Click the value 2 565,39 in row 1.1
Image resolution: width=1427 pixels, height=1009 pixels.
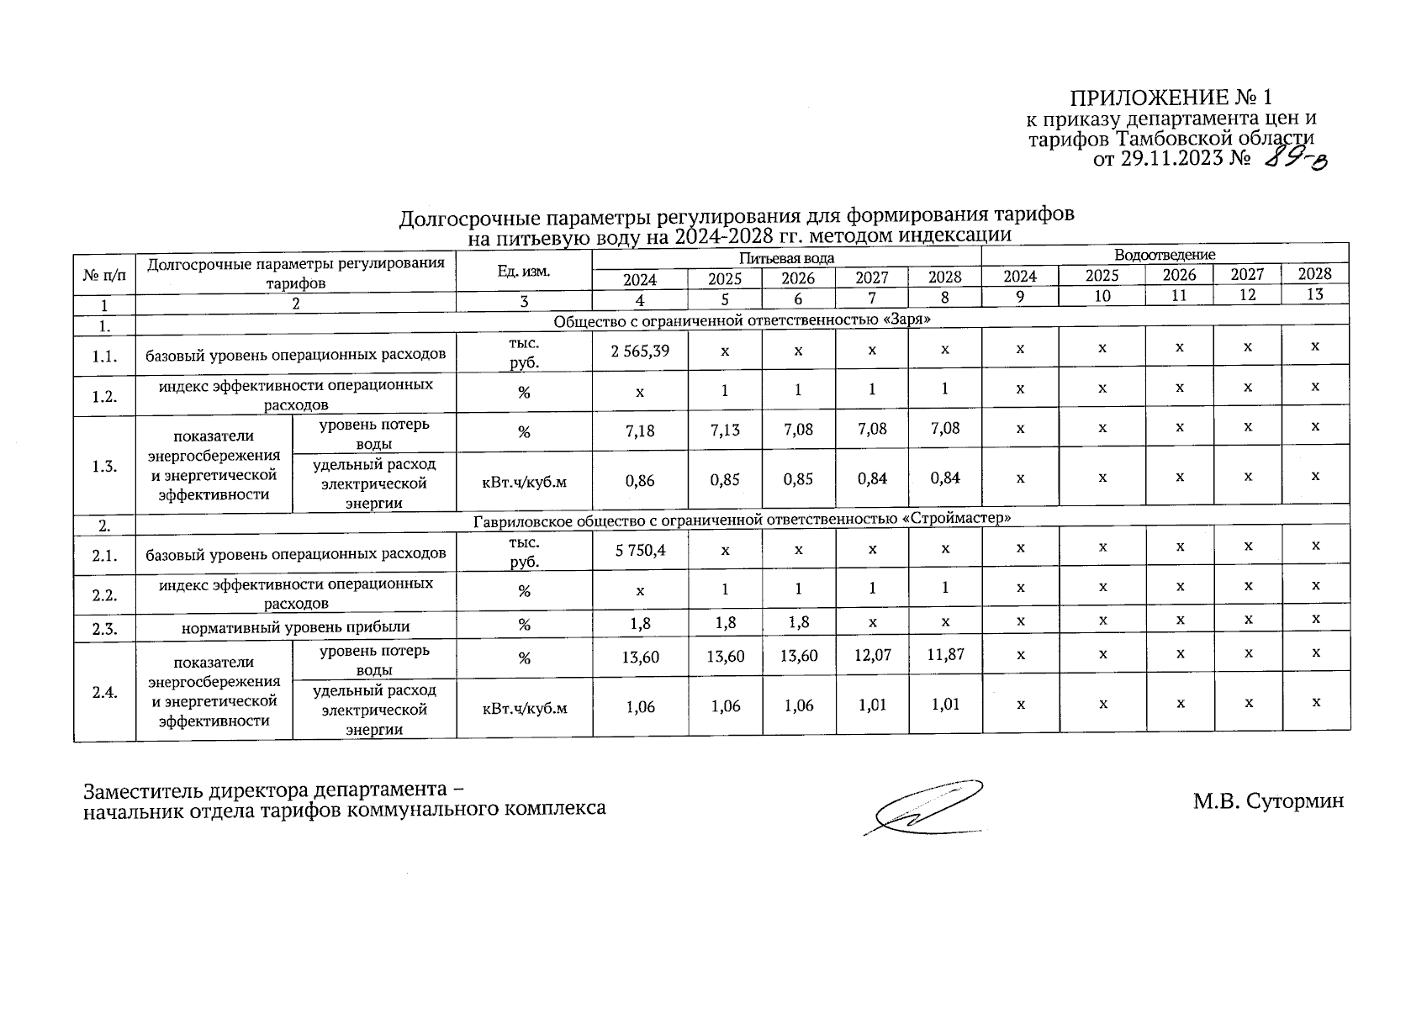click(640, 351)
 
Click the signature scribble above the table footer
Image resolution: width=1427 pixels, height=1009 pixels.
click(925, 806)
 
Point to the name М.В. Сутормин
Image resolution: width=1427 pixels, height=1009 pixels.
click(1267, 801)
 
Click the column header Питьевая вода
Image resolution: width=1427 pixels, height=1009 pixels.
click(786, 258)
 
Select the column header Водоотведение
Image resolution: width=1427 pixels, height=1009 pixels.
click(1165, 254)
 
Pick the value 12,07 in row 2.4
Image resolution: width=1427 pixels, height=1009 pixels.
click(872, 655)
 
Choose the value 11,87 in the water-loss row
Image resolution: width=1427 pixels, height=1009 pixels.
click(944, 654)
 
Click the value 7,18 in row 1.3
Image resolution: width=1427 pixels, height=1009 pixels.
click(640, 431)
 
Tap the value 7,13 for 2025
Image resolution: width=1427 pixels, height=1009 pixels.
click(725, 431)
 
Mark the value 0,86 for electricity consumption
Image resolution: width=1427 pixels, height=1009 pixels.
click(640, 481)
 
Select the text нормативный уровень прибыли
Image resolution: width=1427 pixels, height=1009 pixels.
click(296, 626)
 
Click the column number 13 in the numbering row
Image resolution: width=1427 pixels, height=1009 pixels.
click(1314, 293)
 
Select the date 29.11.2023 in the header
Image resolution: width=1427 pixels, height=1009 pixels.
click(1171, 159)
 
